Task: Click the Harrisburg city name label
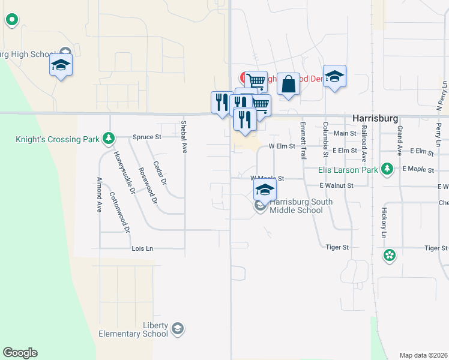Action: [376, 118]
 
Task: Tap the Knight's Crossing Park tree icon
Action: [109, 139]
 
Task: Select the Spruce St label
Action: [147, 137]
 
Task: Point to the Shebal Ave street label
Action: [184, 137]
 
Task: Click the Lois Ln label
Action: [142, 248]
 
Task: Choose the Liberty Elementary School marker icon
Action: [177, 328]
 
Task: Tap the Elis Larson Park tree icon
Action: [388, 170]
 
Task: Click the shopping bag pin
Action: [289, 85]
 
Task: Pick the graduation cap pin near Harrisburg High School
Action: [61, 65]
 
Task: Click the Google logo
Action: [20, 353]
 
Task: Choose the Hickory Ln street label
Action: [382, 223]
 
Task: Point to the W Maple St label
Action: [267, 178]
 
